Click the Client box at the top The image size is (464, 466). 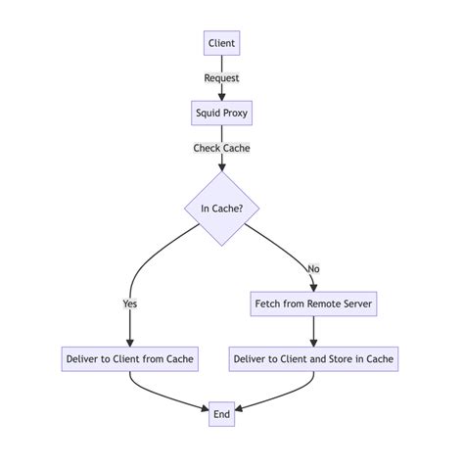point(222,43)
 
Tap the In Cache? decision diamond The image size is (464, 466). point(222,209)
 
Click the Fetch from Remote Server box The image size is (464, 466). point(313,303)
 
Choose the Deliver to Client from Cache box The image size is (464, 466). point(129,358)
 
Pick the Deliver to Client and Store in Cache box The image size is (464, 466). point(313,358)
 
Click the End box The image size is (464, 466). point(222,414)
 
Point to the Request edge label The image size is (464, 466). point(222,77)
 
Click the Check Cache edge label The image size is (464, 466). point(222,148)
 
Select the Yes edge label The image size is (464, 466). point(129,303)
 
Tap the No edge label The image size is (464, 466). point(313,267)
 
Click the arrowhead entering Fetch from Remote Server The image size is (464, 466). point(313,287)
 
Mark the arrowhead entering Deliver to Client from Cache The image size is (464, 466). point(129,342)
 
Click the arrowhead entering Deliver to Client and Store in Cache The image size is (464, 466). point(313,342)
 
